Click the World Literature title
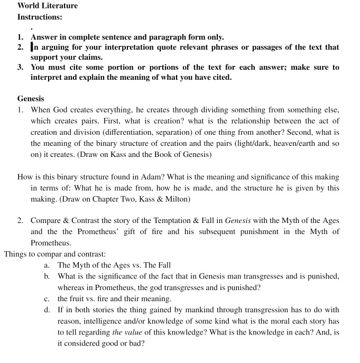click(47, 6)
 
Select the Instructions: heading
click(40, 17)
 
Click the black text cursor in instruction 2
click(32, 47)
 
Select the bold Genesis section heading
click(31, 98)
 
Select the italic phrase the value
click(124, 332)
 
